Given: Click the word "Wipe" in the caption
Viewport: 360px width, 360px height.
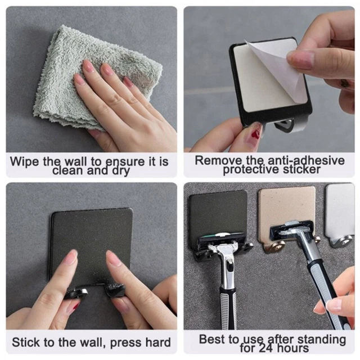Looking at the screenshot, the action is (x=25, y=162).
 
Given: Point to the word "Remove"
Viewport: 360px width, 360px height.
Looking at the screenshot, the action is (x=218, y=160).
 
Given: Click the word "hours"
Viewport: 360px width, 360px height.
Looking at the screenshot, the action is (x=292, y=348).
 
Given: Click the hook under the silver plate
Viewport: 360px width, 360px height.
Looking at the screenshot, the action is (x=340, y=241).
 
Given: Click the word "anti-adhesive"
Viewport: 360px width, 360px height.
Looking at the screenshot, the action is (x=306, y=160).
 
